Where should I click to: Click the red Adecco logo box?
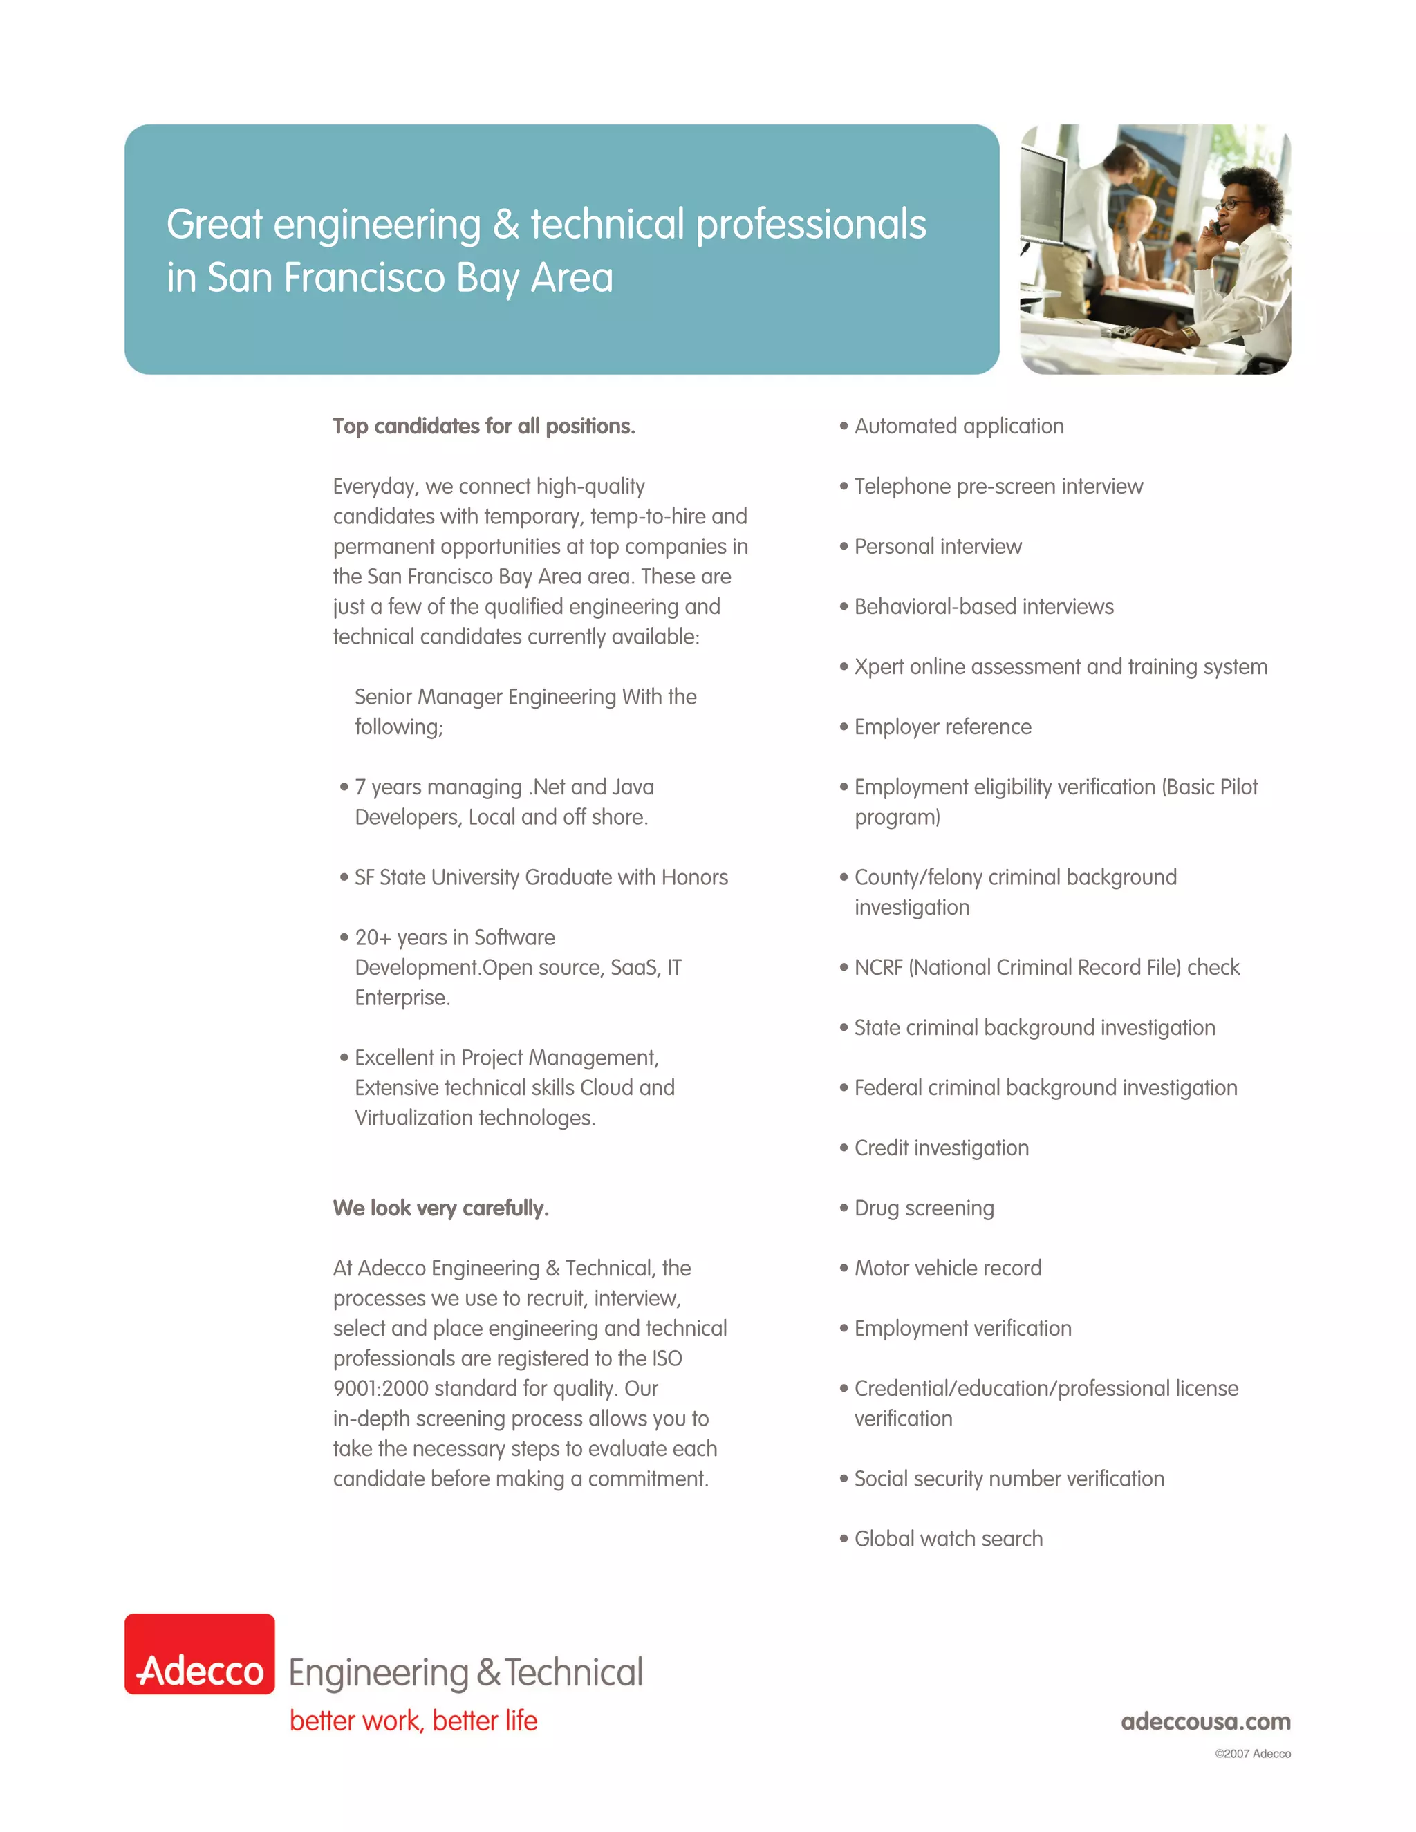point(200,1654)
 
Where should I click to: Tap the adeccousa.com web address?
point(1205,1721)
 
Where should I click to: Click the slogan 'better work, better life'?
point(413,1721)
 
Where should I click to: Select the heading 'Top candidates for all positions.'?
point(484,426)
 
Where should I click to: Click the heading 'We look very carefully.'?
point(440,1208)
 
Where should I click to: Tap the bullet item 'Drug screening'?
point(924,1208)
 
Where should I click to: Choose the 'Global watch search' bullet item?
point(948,1538)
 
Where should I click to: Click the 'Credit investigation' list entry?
point(941,1148)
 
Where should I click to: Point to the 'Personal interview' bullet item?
point(938,546)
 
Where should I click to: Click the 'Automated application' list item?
point(959,426)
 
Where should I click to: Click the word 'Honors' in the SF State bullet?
point(695,877)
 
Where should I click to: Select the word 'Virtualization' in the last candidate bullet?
point(413,1117)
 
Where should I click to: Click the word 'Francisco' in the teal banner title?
point(364,278)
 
